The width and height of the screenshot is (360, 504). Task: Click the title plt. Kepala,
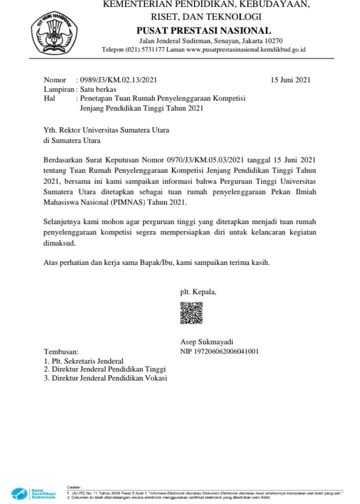pyautogui.click(x=198, y=292)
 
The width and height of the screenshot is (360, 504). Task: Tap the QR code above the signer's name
pyautogui.click(x=191, y=313)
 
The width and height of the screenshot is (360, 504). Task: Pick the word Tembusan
pyautogui.click(x=61, y=352)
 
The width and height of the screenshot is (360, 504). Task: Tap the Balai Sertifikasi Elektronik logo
pyautogui.click(x=31, y=492)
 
